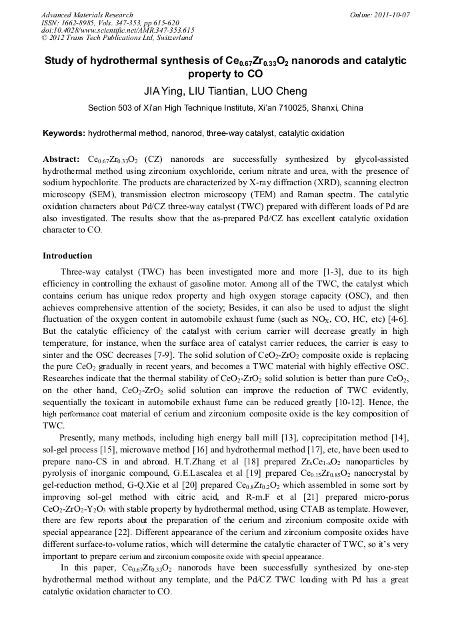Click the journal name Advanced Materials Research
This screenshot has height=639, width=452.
pyautogui.click(x=87, y=15)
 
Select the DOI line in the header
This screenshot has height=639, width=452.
pyautogui.click(x=117, y=31)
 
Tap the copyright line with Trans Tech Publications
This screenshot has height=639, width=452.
pyautogui.click(x=124, y=39)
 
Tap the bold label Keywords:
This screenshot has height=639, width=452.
pyautogui.click(x=63, y=133)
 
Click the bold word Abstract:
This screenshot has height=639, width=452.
pyautogui.click(x=61, y=160)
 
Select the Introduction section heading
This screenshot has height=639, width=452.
pyautogui.click(x=67, y=255)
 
